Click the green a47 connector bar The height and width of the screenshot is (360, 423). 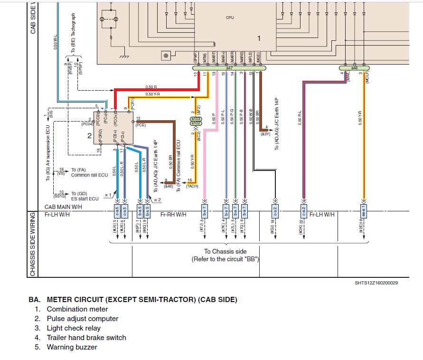[x=229, y=68]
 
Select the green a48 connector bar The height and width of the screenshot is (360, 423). [x=354, y=68]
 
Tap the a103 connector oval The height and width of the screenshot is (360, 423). [x=196, y=118]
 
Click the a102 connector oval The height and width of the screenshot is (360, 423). [x=196, y=123]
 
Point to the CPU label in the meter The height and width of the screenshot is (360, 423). [x=230, y=18]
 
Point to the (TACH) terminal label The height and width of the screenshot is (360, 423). [x=192, y=186]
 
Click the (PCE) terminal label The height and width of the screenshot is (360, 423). [x=141, y=125]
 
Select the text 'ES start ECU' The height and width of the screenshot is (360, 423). [x=85, y=199]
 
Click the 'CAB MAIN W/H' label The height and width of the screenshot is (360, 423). [x=64, y=207]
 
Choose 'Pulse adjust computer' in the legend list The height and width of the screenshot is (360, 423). [x=83, y=319]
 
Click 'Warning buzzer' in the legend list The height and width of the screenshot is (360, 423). [x=72, y=347]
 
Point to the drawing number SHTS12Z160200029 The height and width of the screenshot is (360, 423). [x=373, y=283]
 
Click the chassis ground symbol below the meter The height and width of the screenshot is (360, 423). [x=125, y=57]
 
